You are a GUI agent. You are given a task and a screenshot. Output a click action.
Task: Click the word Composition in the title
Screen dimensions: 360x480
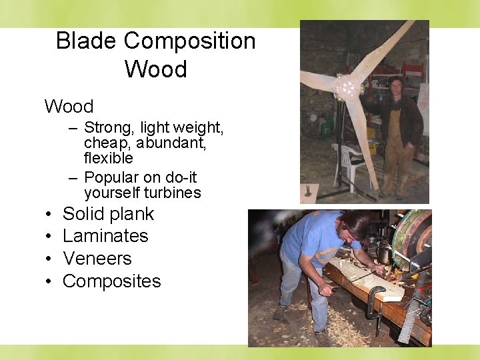pyautogui.click(x=189, y=41)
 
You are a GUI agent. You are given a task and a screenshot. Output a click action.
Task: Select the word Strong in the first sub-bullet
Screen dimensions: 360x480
pyautogui.click(x=109, y=127)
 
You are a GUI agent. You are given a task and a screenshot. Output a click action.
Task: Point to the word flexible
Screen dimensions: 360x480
pyautogui.click(x=108, y=159)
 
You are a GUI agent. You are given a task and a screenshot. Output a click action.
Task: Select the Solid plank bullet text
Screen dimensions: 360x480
pyautogui.click(x=108, y=214)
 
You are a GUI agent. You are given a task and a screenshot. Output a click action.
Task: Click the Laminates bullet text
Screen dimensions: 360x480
pyautogui.click(x=105, y=236)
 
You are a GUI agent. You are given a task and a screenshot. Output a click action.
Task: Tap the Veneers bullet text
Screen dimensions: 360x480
pyautogui.click(x=97, y=259)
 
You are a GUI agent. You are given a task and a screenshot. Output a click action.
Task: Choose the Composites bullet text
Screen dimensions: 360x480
pyautogui.click(x=111, y=281)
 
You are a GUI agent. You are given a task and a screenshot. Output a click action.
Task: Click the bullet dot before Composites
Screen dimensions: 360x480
pyautogui.click(x=50, y=281)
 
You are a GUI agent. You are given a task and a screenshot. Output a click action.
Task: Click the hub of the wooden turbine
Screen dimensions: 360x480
pyautogui.click(x=347, y=87)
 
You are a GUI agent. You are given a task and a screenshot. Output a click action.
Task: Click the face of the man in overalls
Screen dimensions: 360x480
pyautogui.click(x=396, y=85)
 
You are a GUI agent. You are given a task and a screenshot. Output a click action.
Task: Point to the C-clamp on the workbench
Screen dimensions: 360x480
pyautogui.click(x=374, y=300)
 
